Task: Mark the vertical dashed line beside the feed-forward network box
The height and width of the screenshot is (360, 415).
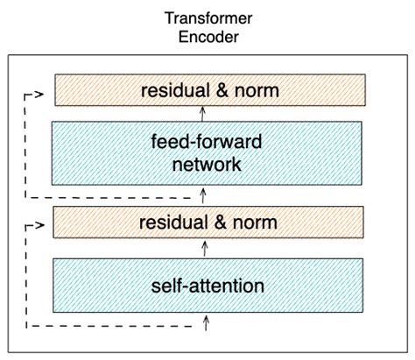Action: click(x=26, y=145)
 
